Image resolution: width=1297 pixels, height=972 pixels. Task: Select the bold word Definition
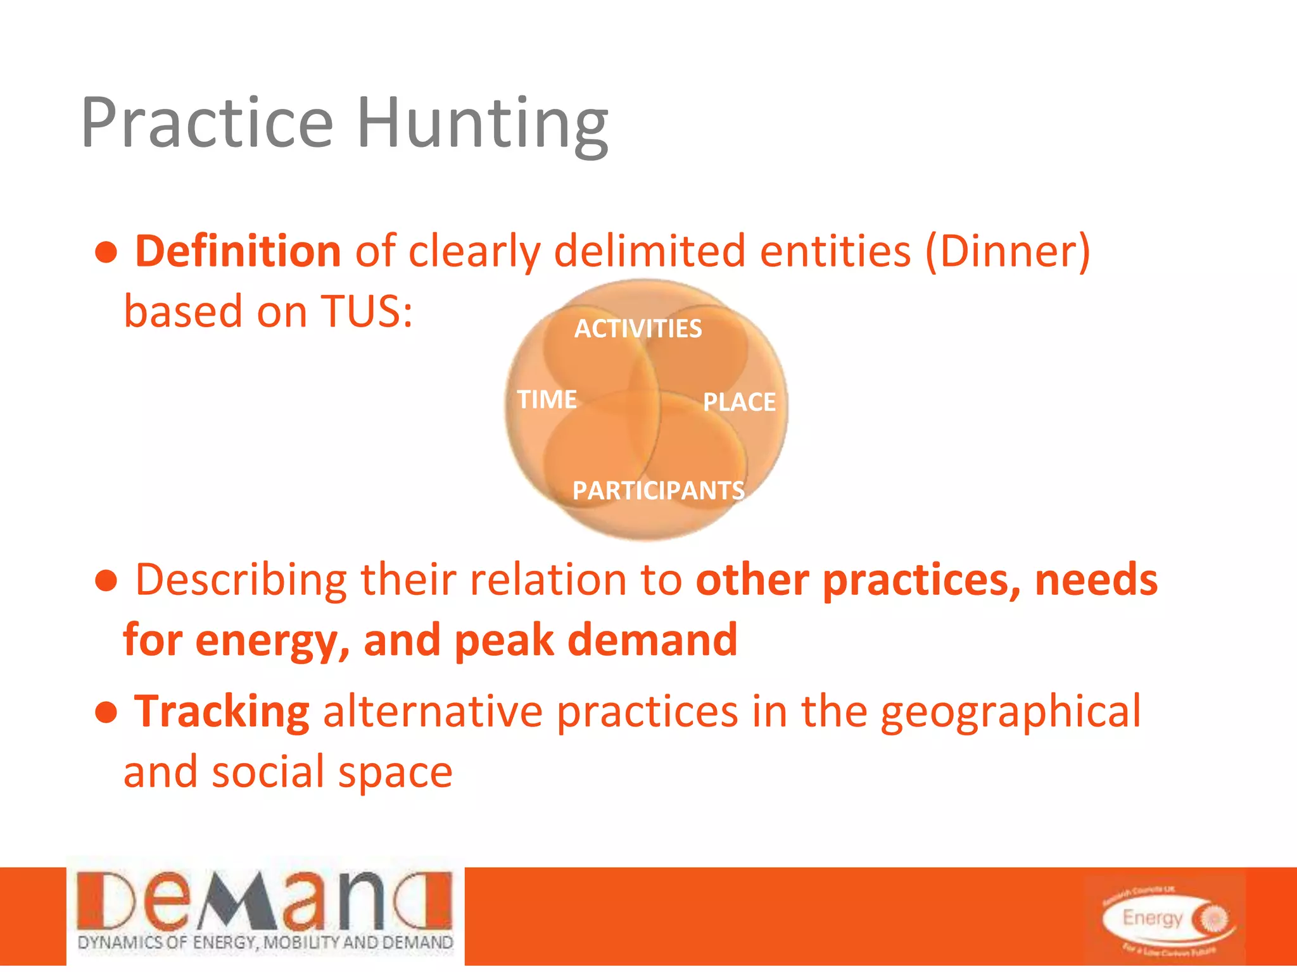[x=238, y=251]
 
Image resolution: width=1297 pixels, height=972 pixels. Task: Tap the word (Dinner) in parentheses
[x=1008, y=252]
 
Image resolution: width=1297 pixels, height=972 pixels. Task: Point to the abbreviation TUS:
[x=367, y=311]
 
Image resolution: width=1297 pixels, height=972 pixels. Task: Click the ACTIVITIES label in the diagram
[x=638, y=329]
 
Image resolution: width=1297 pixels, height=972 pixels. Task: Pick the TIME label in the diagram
[x=547, y=399]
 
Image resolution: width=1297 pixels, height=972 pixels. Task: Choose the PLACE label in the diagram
[x=739, y=402]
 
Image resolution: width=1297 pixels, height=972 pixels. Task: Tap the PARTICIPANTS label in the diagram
[x=658, y=490]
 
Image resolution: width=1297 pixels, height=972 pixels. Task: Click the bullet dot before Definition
[x=106, y=253]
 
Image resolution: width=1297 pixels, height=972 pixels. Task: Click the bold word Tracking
[x=222, y=712]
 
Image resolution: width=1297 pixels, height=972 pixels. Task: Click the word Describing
[x=241, y=580]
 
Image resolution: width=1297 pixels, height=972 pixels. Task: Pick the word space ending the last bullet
[x=395, y=773]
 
